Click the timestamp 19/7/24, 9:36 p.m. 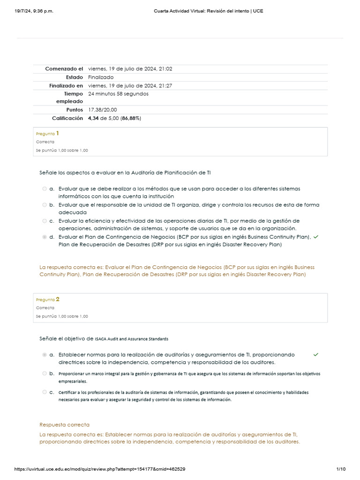point(34,11)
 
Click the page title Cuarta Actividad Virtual point(208,11)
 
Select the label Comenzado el point(64,69)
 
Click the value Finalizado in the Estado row point(101,77)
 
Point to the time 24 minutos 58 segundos point(118,94)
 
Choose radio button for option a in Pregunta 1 point(45,189)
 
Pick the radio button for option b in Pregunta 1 point(45,205)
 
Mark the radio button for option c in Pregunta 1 point(45,221)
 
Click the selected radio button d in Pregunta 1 point(45,237)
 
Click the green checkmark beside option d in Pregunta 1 point(315,237)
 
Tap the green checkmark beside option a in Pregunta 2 point(315,355)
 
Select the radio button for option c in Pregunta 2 point(45,392)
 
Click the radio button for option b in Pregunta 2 point(45,374)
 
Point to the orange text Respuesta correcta point(64,425)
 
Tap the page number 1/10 point(341,469)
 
